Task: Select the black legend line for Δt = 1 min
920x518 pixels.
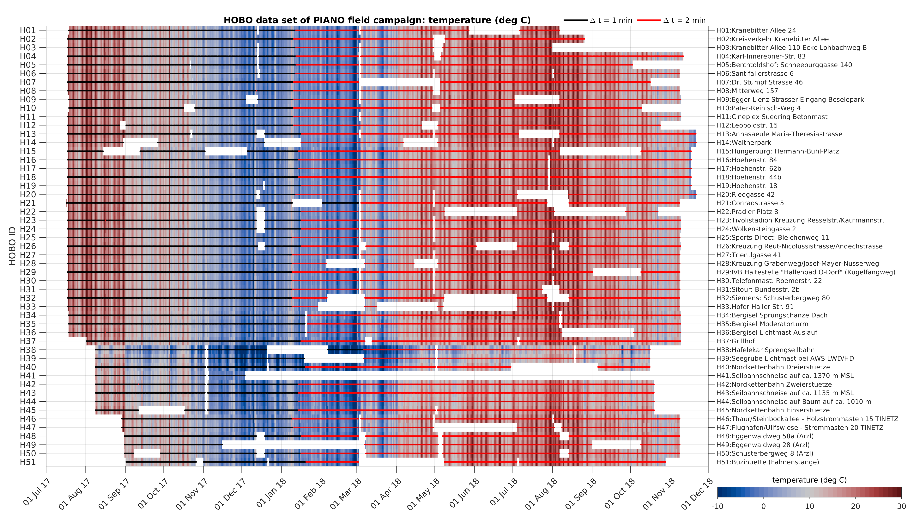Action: pyautogui.click(x=575, y=20)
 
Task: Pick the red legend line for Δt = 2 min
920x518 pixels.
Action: pyautogui.click(x=649, y=20)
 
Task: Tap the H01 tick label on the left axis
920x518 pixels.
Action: pyautogui.click(x=28, y=30)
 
